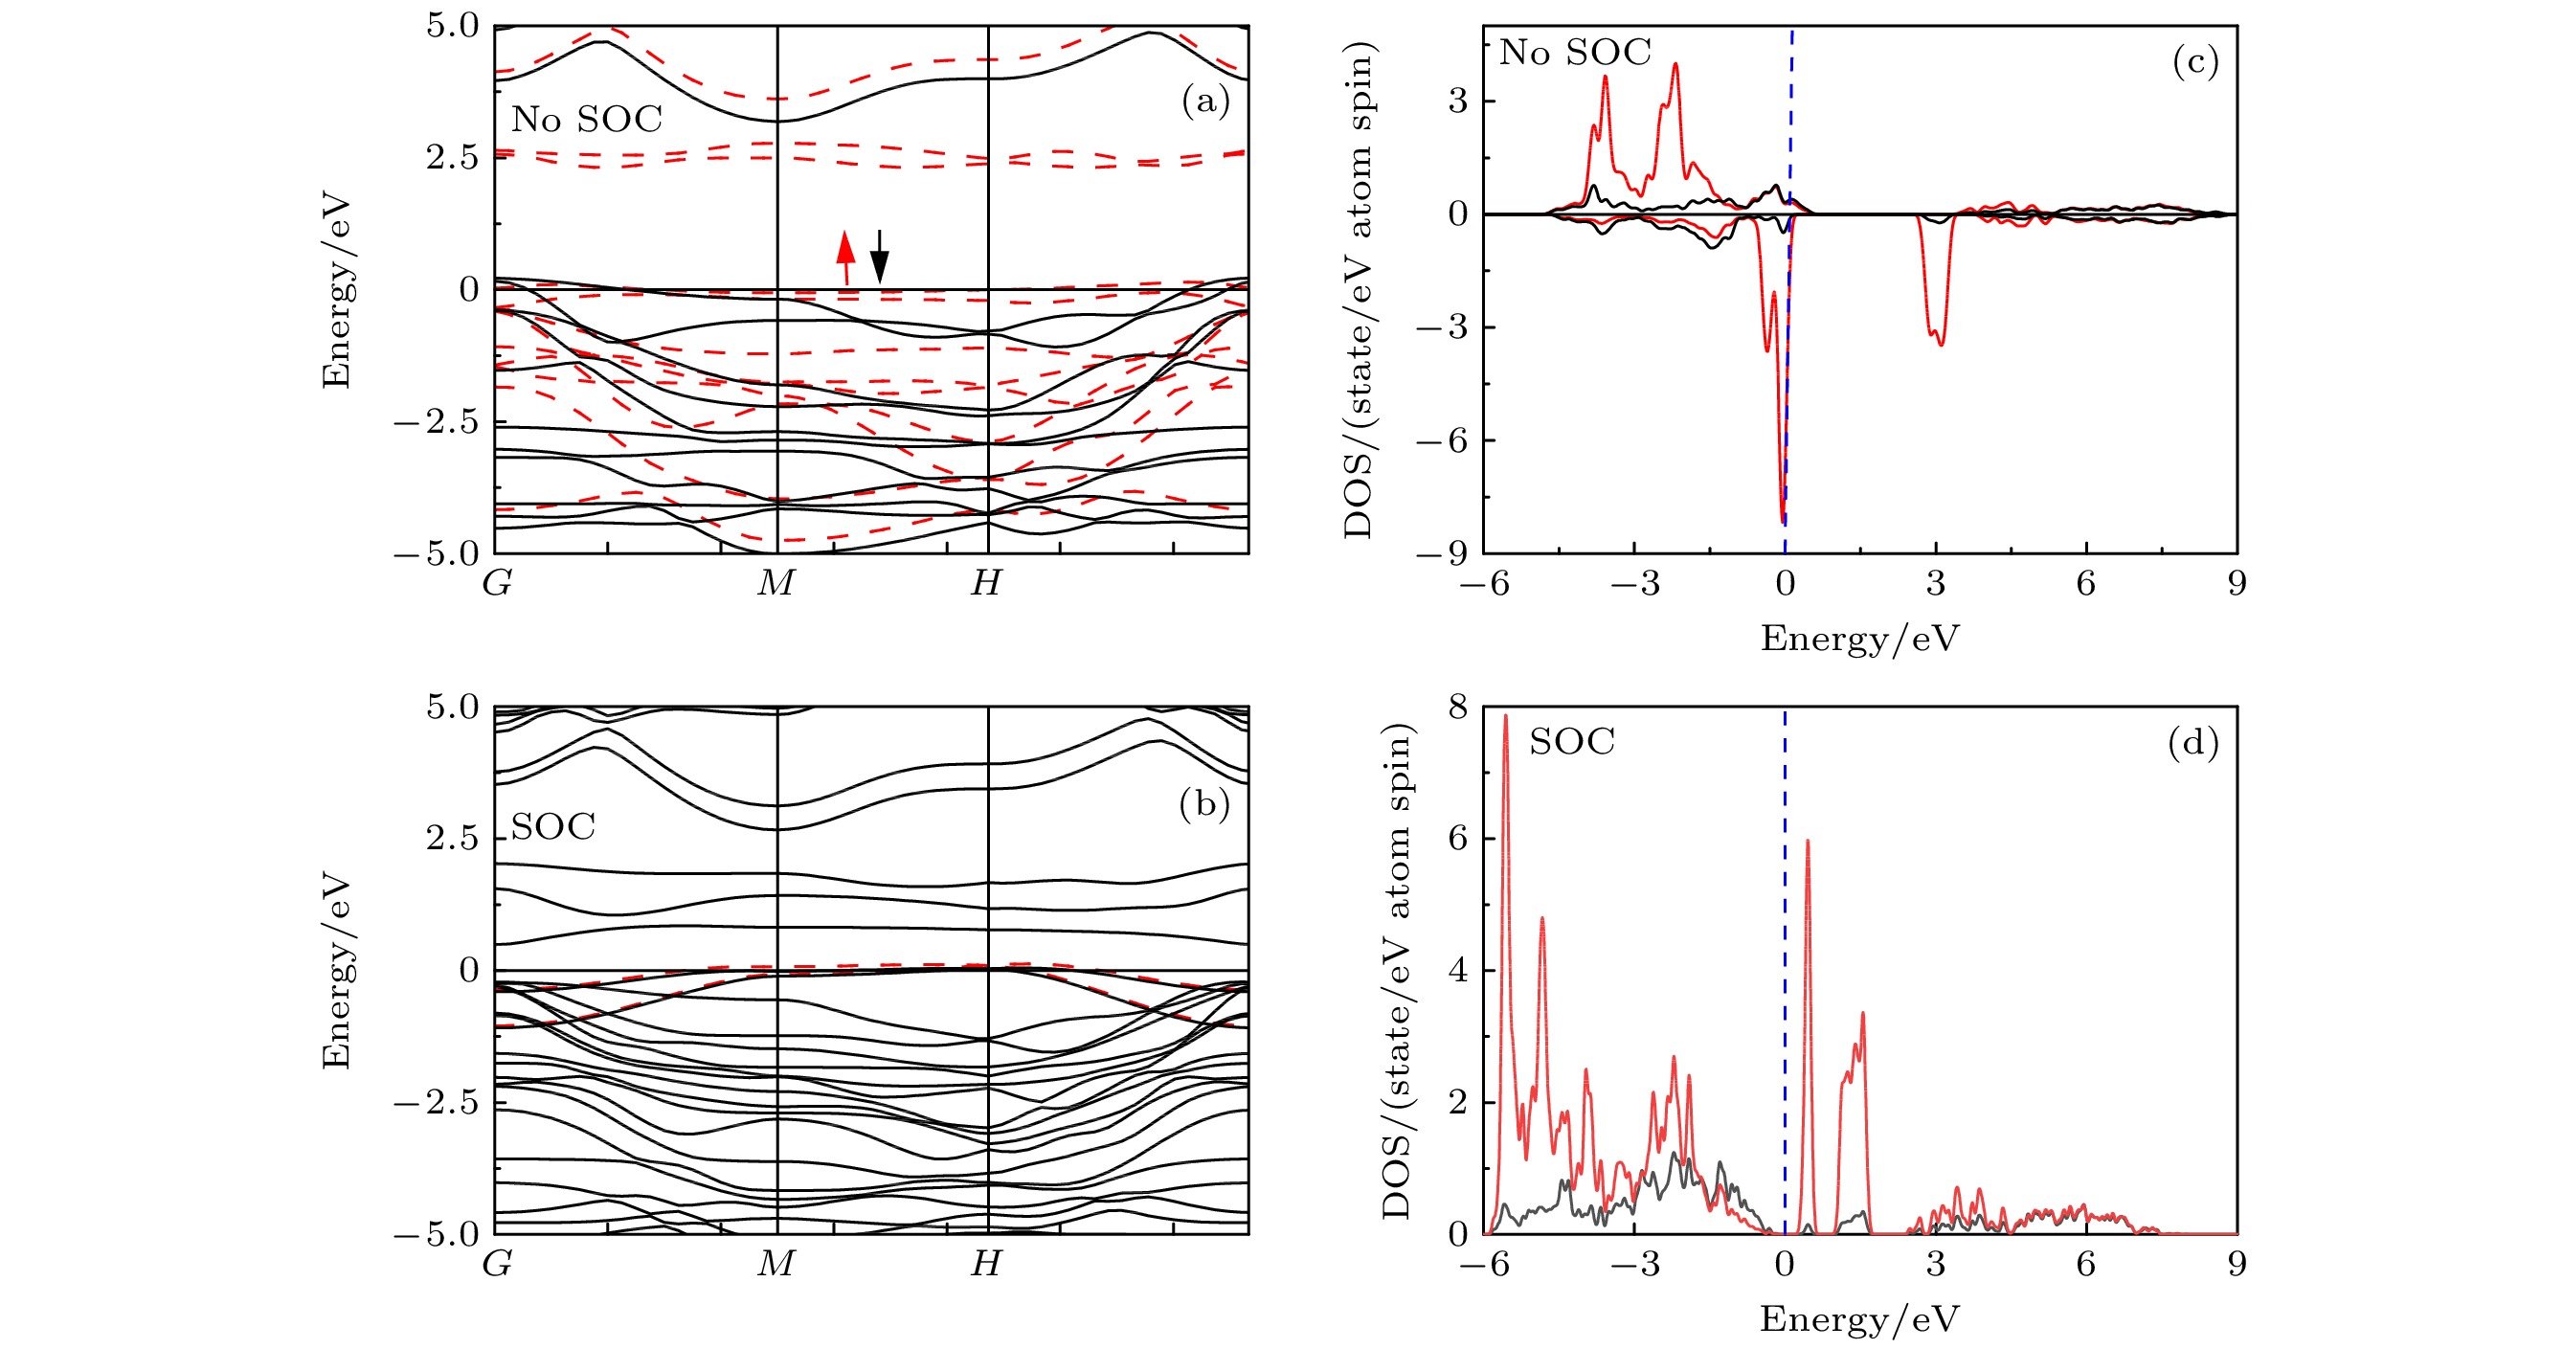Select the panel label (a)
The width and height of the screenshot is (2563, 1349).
[x=1204, y=101]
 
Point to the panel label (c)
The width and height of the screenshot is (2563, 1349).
[x=2194, y=61]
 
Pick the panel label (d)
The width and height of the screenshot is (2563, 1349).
[x=2192, y=742]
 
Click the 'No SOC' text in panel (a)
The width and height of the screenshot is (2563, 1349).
[x=586, y=120]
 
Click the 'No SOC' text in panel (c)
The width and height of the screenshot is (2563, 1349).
[x=1574, y=52]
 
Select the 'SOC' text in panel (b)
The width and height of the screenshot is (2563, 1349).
[x=553, y=825]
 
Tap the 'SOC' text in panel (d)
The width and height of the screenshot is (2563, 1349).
[x=1571, y=741]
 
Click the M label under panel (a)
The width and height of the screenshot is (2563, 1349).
[x=776, y=583]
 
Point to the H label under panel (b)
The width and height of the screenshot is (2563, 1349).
[x=986, y=1264]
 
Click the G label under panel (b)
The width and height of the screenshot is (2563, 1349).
[x=497, y=1264]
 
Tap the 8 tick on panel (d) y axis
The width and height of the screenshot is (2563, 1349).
[x=1457, y=708]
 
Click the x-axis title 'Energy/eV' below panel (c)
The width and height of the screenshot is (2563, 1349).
[x=1858, y=638]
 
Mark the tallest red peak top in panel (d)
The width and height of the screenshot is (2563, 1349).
[x=1505, y=716]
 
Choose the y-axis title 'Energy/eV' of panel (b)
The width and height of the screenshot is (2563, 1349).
[x=337, y=970]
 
